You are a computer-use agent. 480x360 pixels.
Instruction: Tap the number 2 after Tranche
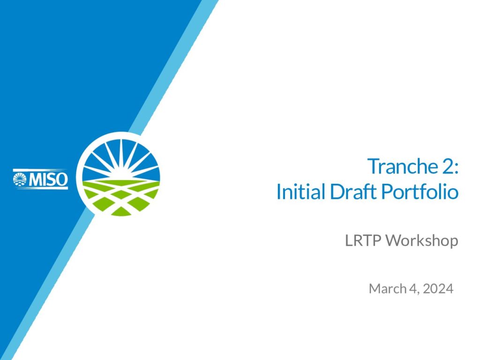tap(447, 166)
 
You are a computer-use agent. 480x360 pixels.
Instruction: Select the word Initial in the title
tap(300, 191)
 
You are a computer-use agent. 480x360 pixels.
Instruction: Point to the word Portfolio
tap(420, 191)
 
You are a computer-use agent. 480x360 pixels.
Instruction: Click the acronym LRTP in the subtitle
tap(363, 240)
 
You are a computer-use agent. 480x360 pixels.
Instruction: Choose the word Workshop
tap(422, 240)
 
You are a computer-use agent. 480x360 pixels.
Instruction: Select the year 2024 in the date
tap(438, 288)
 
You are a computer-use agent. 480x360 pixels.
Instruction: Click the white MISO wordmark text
tap(48, 180)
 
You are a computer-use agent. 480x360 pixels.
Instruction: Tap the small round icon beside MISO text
tap(20, 180)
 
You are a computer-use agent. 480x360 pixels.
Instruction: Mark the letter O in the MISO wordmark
tap(62, 180)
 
